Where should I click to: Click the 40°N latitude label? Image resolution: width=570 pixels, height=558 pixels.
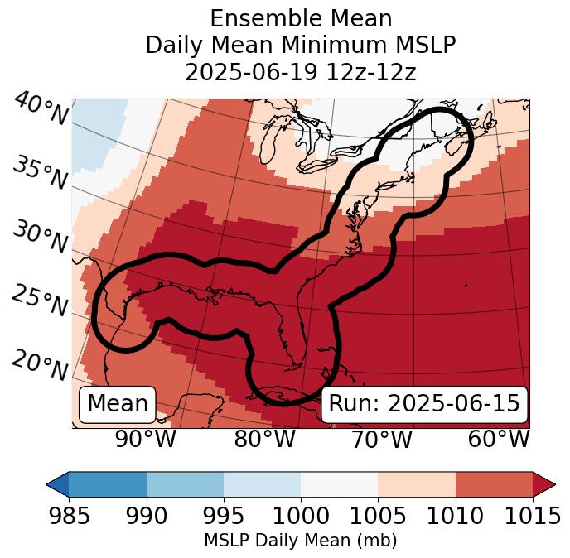pos(41,109)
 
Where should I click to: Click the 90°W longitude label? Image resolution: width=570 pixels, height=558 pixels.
pos(145,439)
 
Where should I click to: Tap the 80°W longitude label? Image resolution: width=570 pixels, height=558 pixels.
pos(264,439)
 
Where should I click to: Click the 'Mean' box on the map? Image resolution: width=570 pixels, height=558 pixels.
pos(118,404)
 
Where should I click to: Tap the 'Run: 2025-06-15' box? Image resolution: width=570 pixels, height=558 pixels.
pos(424,404)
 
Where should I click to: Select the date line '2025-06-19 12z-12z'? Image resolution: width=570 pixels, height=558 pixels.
pos(301,72)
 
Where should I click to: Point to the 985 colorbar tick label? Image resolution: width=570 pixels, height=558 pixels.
pos(69,517)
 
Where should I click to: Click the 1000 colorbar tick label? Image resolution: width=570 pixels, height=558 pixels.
pos(301,517)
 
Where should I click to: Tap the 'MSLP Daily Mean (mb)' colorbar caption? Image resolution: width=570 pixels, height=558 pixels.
pos(301,541)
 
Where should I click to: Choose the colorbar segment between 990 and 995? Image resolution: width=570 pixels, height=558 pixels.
pos(185,483)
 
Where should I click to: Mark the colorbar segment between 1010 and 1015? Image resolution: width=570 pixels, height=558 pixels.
pos(494,483)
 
